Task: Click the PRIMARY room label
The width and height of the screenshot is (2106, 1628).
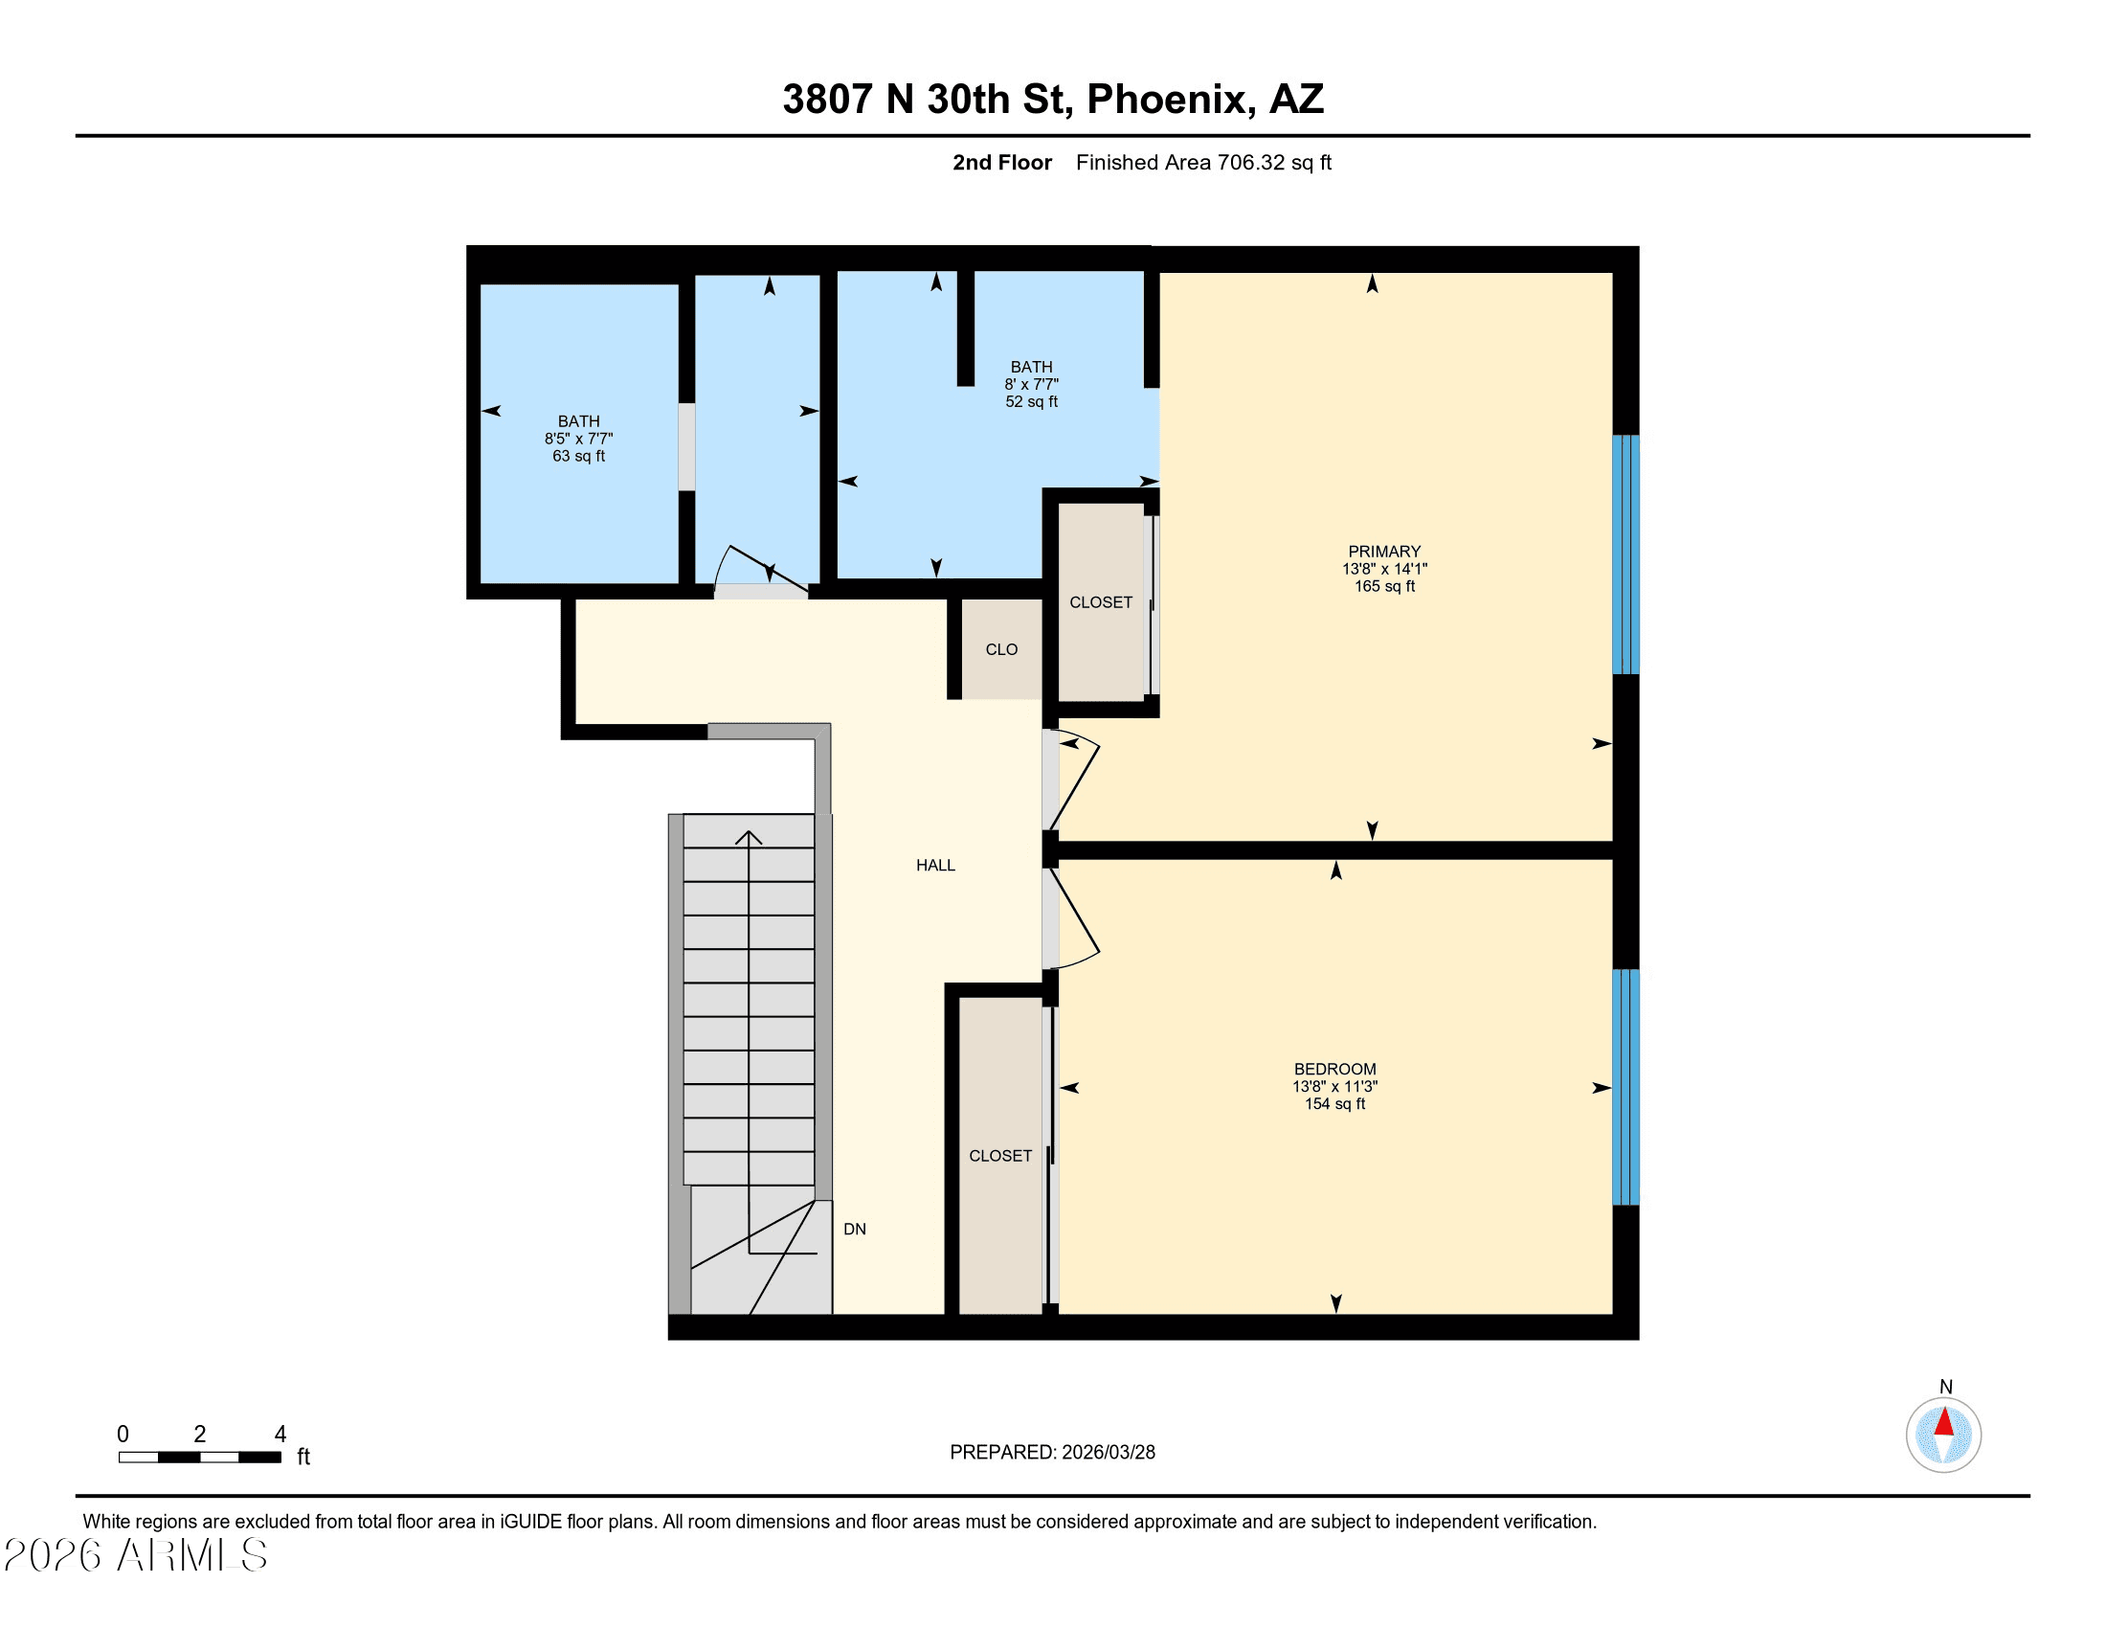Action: click(1384, 552)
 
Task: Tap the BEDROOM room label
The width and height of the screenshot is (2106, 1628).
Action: click(1334, 1069)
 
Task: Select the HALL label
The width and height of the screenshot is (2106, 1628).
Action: click(935, 865)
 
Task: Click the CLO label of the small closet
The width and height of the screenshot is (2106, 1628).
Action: click(1001, 649)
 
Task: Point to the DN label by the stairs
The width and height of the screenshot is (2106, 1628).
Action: click(854, 1229)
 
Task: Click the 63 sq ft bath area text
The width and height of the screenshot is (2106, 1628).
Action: click(578, 456)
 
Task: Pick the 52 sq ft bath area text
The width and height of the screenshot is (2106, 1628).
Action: click(1032, 401)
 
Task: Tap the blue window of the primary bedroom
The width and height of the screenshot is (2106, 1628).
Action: click(1625, 554)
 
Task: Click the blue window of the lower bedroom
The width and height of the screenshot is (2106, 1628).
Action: click(1625, 1087)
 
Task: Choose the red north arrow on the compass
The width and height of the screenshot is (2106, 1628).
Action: click(1944, 1421)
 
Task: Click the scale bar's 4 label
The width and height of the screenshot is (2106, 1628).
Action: click(280, 1435)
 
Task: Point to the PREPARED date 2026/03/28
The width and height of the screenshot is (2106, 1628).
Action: click(1108, 1453)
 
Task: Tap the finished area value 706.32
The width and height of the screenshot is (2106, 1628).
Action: click(1252, 162)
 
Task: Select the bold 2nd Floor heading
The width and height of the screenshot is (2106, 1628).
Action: click(1002, 162)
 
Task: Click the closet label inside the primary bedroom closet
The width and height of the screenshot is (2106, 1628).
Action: click(1100, 601)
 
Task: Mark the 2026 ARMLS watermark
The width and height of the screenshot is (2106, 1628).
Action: click(136, 1555)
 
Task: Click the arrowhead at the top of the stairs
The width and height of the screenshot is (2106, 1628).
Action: click(749, 837)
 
